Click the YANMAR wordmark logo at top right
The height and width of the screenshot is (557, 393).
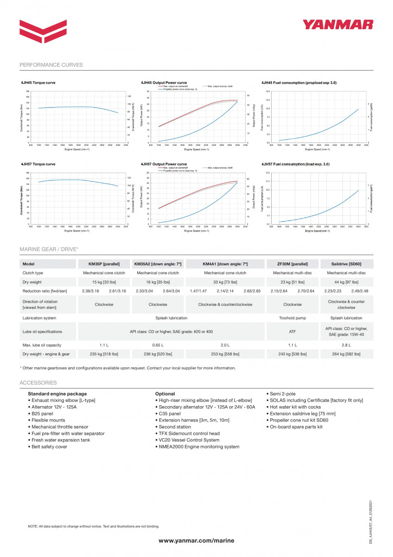338,25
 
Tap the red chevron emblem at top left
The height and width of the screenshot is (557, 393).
43,31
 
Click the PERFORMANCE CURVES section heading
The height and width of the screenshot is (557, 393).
51,65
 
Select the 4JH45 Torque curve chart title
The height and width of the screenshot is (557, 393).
38,83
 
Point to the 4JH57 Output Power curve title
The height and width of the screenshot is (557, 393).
164,164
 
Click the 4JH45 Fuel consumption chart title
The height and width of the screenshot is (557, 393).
299,83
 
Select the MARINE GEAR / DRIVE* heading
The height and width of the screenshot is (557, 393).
49,249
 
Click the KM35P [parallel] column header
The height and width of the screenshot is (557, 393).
104,264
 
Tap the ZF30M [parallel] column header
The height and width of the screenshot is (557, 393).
292,264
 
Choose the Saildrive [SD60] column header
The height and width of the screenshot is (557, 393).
346,264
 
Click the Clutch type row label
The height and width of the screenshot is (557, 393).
33,273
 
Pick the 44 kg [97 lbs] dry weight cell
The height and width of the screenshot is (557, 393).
346,282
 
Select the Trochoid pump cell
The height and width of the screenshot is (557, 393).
292,318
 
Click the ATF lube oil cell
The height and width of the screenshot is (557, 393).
292,331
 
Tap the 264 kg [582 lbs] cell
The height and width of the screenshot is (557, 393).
346,354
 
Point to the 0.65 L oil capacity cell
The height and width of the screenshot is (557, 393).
158,345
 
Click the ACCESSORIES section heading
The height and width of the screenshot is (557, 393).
38,383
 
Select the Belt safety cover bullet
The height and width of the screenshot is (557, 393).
49,447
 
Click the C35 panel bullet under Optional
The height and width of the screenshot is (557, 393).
169,414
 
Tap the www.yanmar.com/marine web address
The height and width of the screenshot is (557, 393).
196,540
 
